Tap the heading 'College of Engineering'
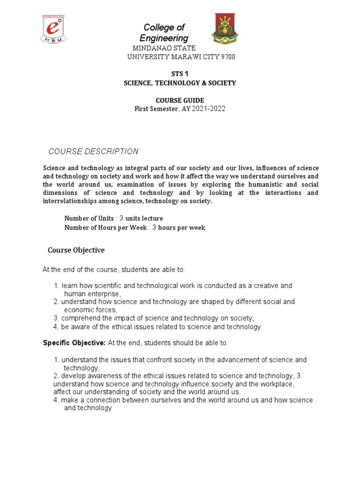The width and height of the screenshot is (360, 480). point(164,33)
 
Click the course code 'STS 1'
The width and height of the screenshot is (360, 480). point(180,73)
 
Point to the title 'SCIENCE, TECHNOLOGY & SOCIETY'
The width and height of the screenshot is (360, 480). point(180,83)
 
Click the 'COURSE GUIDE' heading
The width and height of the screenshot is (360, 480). point(180,100)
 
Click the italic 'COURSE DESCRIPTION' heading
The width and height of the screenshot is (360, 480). point(94,151)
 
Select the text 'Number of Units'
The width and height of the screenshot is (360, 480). point(89,218)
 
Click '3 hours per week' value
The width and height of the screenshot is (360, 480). point(179,228)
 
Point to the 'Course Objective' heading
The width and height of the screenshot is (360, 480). point(76,250)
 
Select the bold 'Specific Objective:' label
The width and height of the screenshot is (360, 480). point(74,343)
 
